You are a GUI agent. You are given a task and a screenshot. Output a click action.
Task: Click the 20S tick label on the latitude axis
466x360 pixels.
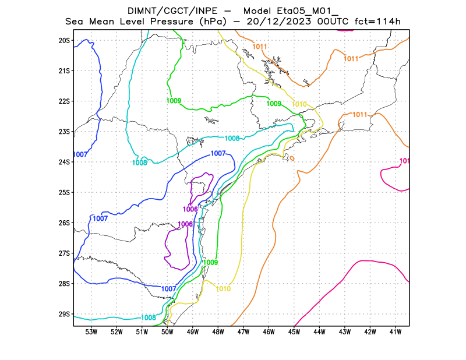pyautogui.click(x=64, y=41)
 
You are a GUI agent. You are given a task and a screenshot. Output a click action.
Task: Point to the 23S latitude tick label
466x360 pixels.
pyautogui.click(x=64, y=132)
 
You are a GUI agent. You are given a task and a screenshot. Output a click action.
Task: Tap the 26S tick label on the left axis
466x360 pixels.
pyautogui.click(x=64, y=223)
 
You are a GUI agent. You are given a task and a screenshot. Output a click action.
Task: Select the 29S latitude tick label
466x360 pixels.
pyautogui.click(x=64, y=315)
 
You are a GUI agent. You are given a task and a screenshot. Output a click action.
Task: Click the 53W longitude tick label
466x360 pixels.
pyautogui.click(x=91, y=332)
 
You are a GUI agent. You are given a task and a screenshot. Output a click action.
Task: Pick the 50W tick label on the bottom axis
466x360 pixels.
pyautogui.click(x=167, y=332)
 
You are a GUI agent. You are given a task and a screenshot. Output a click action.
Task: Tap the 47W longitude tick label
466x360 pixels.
pyautogui.click(x=243, y=332)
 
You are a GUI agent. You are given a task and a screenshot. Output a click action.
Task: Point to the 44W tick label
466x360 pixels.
pyautogui.click(x=319, y=332)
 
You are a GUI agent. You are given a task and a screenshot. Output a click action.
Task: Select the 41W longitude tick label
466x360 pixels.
pyautogui.click(x=396, y=332)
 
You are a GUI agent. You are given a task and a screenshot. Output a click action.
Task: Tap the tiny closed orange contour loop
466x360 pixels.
pyautogui.click(x=292, y=158)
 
